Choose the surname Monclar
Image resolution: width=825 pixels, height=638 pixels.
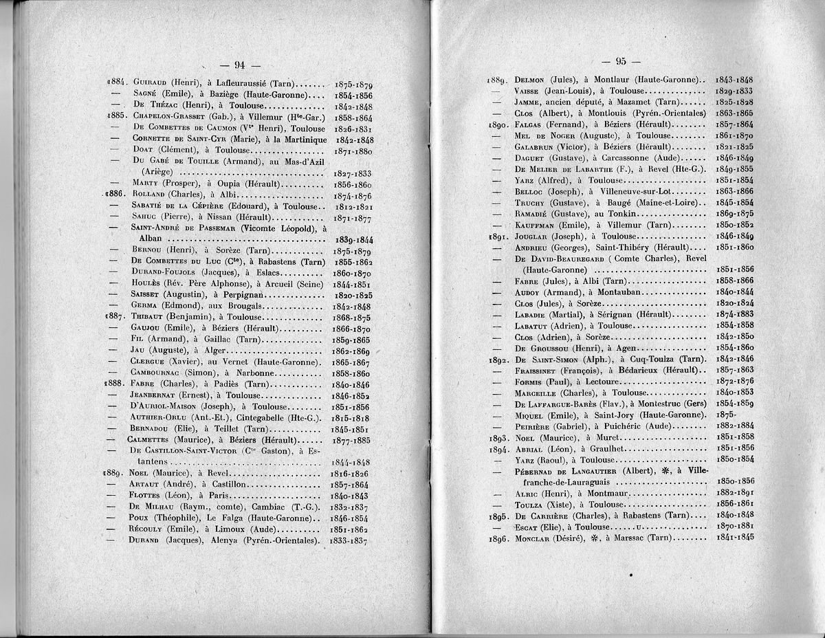[x=537, y=538]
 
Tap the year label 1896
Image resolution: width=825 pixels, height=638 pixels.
[x=497, y=538]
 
